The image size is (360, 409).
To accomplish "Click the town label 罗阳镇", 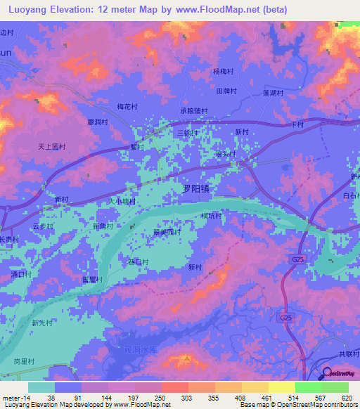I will point(196,188).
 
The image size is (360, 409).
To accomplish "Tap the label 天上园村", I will point(51,147).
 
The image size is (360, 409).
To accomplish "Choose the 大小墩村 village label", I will point(120,202).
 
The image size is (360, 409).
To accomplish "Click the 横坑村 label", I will point(211,216).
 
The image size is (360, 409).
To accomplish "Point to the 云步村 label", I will point(43,226).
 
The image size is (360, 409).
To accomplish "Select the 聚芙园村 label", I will point(167,232).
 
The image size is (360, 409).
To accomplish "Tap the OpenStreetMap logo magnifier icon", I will point(328,375).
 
